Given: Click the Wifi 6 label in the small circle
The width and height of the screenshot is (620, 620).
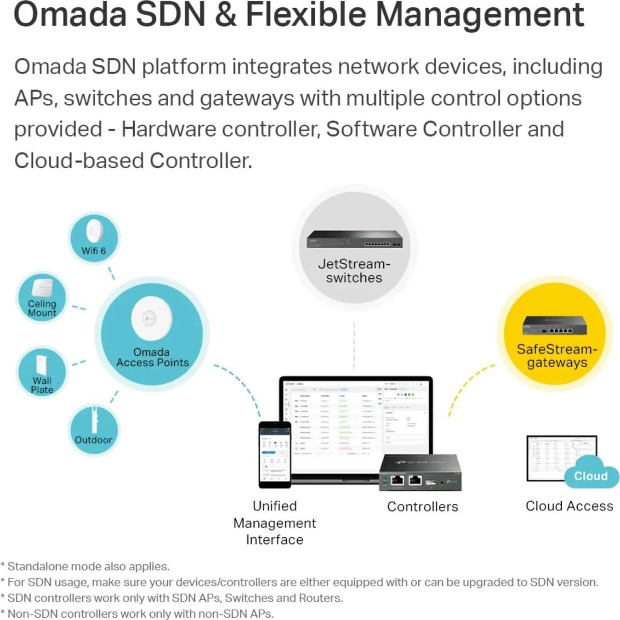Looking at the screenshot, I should (x=93, y=251).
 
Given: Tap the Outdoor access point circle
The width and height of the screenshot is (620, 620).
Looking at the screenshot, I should (x=94, y=430).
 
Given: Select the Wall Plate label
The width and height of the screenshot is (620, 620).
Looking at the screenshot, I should (x=42, y=385).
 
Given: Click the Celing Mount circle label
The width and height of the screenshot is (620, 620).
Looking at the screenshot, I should (x=42, y=308).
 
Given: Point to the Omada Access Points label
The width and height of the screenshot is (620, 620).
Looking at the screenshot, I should (x=152, y=358).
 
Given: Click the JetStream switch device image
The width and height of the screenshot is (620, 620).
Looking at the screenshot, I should (x=354, y=239).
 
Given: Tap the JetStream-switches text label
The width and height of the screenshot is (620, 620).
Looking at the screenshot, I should (x=354, y=271).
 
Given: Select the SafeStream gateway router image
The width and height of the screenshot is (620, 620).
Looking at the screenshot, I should (x=554, y=325).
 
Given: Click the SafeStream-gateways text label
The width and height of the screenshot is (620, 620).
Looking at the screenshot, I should (x=557, y=356).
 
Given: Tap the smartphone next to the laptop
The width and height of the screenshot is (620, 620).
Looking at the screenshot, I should (x=275, y=454).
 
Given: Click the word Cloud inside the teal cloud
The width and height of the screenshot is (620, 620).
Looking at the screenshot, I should (x=591, y=476).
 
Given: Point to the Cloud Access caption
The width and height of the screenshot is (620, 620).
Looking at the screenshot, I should (x=569, y=506).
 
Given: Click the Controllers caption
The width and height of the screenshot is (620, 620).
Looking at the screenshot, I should (x=422, y=506).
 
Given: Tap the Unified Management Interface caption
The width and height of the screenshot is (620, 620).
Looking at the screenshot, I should (x=275, y=523).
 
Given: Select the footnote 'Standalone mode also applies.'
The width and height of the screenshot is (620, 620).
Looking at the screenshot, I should (x=88, y=566).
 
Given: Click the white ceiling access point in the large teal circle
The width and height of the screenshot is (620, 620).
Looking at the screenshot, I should (x=151, y=318).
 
